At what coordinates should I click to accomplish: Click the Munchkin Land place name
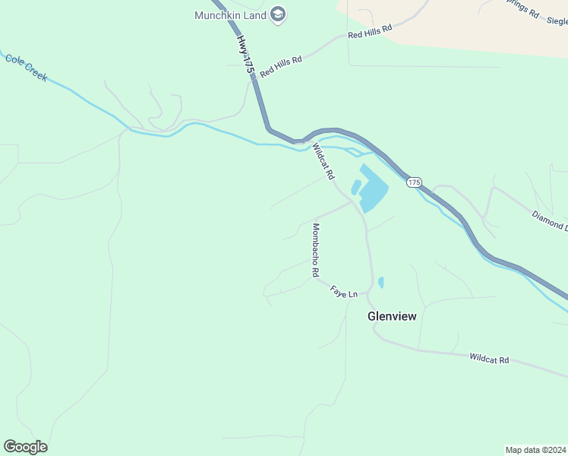click(x=230, y=15)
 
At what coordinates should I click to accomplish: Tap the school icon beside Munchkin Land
click(x=278, y=14)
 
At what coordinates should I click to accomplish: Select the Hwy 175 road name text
click(x=245, y=53)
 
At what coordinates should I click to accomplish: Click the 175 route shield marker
click(x=413, y=182)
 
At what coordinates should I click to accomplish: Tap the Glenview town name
click(x=392, y=316)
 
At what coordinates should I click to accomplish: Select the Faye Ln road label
click(x=343, y=291)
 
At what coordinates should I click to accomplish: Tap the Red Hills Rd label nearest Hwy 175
click(x=281, y=65)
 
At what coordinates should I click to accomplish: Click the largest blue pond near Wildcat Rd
click(x=373, y=188)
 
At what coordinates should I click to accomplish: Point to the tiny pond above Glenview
click(x=380, y=282)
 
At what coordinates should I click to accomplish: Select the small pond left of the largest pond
click(x=355, y=187)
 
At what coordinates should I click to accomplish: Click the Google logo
click(x=26, y=447)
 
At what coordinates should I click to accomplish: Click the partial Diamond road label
click(x=549, y=220)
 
